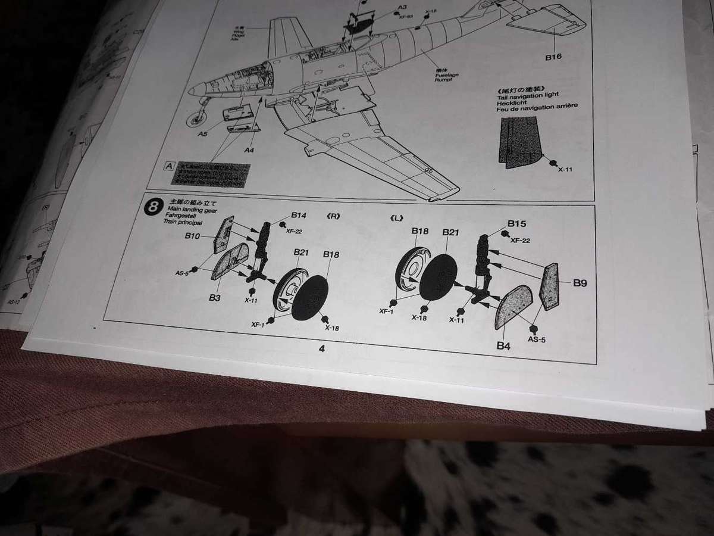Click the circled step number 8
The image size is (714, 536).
coord(154,208)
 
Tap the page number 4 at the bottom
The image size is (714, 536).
coord(321,349)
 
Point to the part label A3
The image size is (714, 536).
coord(402,8)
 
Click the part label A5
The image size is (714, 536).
coord(203,135)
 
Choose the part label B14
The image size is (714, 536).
coord(299,216)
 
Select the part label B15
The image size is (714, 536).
coord(517,224)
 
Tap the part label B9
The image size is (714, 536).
coord(580,283)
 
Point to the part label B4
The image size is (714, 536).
coord(505,344)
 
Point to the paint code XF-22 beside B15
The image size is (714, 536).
coord(520,241)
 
